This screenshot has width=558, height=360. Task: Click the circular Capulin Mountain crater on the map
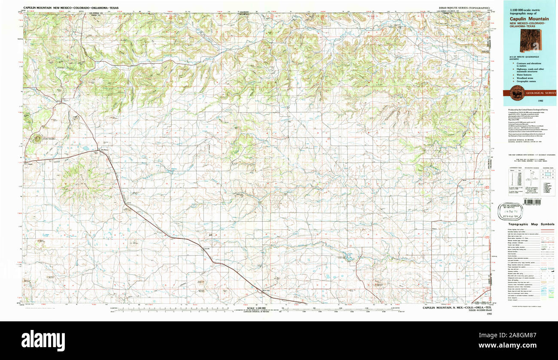(37, 138)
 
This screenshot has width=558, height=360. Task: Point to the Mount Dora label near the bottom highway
(267, 290)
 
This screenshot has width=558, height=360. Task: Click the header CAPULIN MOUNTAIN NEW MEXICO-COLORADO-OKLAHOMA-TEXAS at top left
(71, 8)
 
